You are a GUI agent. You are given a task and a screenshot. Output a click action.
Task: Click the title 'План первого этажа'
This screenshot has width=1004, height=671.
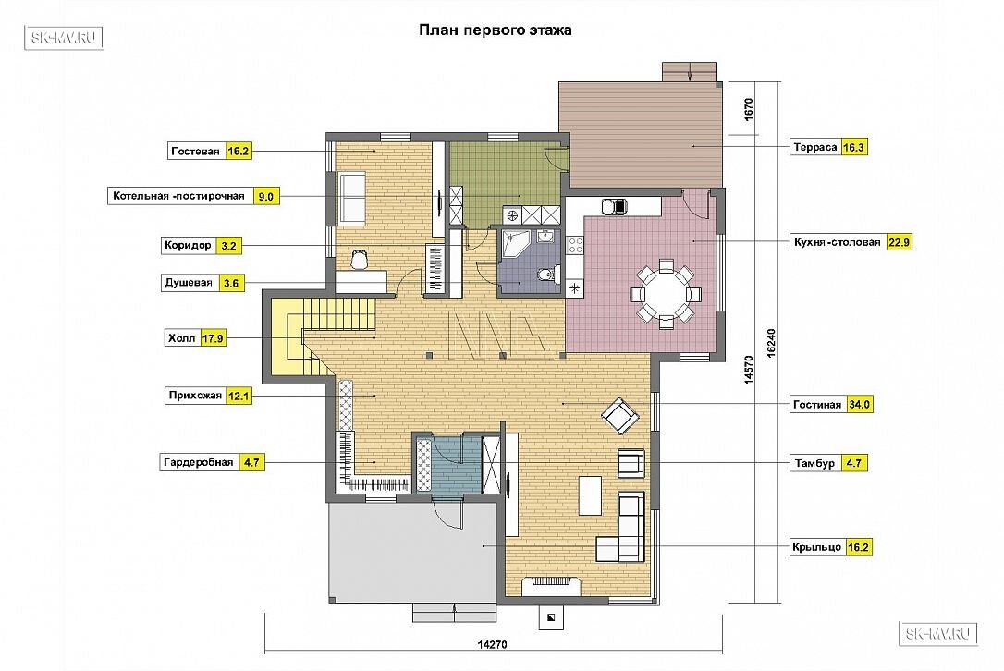point(495,30)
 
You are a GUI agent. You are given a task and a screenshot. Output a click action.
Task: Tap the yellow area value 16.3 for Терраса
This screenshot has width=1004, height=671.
point(853,147)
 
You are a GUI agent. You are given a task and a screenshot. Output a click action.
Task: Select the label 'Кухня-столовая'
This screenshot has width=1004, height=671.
point(837,243)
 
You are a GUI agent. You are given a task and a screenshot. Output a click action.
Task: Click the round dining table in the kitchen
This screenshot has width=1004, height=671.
point(666,295)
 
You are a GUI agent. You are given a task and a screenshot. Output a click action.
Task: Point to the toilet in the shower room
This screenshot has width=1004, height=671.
point(545,275)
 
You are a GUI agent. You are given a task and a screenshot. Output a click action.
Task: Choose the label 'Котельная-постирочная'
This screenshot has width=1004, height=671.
point(178,196)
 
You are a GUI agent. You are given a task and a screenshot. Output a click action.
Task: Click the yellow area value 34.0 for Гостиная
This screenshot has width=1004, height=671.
point(859,405)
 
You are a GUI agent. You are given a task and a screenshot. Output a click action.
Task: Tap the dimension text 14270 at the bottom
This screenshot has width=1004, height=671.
point(492,645)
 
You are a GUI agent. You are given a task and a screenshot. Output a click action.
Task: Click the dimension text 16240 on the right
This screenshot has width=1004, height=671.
point(771,343)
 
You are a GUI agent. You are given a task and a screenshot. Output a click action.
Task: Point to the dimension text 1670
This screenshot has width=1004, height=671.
point(749,109)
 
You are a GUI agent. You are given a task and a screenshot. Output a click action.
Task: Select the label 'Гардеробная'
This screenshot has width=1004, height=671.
point(199,461)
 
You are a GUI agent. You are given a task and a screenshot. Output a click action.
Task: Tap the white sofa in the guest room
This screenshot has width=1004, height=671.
point(351,198)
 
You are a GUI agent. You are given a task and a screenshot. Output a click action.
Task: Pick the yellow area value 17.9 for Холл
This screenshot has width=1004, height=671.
point(213,338)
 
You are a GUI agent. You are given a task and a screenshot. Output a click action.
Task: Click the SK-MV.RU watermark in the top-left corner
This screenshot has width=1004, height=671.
point(64,38)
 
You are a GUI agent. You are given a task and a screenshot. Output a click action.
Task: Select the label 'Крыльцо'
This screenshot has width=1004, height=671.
point(816,547)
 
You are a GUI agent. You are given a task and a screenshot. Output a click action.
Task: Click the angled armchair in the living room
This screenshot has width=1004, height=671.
point(619,416)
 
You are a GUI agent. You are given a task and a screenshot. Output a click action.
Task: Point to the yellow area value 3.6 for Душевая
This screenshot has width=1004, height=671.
point(231,283)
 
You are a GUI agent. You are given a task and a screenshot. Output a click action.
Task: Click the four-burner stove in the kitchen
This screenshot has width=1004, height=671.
point(575,244)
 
